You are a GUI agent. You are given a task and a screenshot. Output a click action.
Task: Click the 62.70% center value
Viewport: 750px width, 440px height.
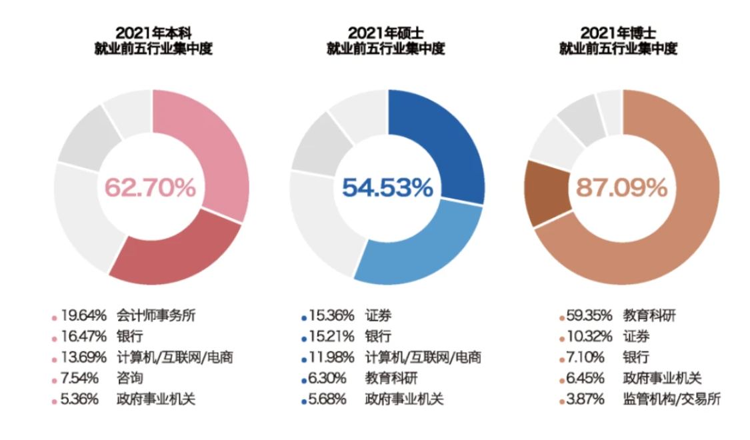click(150, 187)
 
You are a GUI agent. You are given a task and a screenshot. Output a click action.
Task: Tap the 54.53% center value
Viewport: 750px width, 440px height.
click(387, 187)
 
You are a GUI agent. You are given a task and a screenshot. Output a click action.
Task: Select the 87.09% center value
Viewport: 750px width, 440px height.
click(621, 187)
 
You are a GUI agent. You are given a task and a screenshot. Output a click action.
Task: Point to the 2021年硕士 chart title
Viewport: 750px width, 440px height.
click(386, 32)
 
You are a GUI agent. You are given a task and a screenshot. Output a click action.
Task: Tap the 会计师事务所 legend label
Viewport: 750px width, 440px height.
click(157, 315)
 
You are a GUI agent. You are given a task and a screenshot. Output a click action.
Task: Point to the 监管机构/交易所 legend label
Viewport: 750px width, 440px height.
click(671, 399)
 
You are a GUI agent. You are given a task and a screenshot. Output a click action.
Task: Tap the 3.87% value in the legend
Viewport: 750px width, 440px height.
click(584, 399)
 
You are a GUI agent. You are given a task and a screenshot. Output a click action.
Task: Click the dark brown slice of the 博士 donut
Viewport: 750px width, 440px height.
click(544, 193)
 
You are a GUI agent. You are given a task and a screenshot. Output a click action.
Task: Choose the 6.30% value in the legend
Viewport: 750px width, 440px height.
click(326, 378)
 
